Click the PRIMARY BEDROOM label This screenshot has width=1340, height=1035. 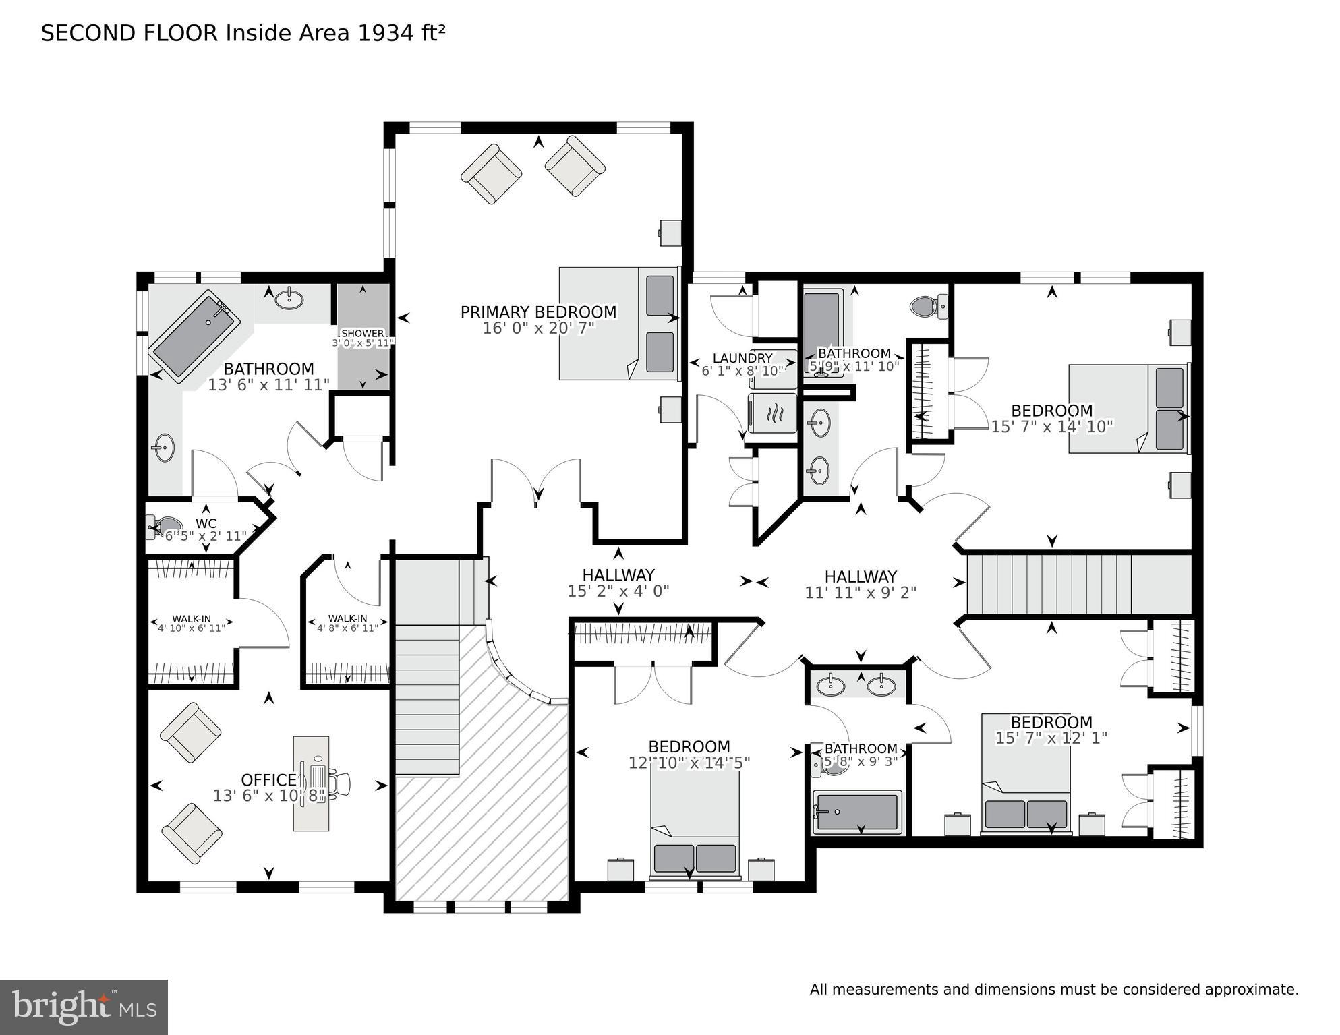537,312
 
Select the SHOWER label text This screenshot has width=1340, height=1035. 363,333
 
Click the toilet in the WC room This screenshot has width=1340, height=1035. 162,526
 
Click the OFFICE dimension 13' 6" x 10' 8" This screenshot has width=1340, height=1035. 268,796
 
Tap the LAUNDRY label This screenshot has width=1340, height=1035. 742,358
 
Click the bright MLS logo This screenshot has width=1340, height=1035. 83,1007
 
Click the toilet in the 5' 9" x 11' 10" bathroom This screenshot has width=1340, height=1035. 928,307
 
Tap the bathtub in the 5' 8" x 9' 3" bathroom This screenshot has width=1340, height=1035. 856,812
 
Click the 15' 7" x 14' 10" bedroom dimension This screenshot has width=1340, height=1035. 1051,426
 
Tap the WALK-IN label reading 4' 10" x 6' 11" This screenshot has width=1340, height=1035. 192,623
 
